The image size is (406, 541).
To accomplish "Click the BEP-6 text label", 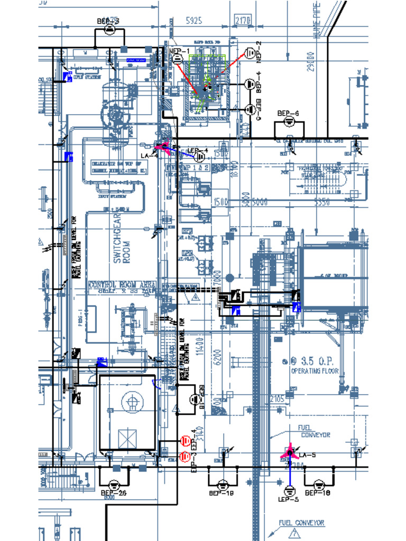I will [288, 114].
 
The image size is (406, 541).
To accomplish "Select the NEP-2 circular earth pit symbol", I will [250, 53].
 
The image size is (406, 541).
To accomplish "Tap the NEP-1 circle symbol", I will [177, 59].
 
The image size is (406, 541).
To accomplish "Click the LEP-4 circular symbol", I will [200, 156].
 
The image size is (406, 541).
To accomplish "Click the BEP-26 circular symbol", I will [113, 484].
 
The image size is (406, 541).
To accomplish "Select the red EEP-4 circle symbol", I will [185, 441].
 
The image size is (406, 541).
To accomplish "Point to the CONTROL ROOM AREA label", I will [123, 284].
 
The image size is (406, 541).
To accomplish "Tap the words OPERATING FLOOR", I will [315, 371].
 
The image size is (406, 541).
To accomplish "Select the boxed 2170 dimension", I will [243, 21].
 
